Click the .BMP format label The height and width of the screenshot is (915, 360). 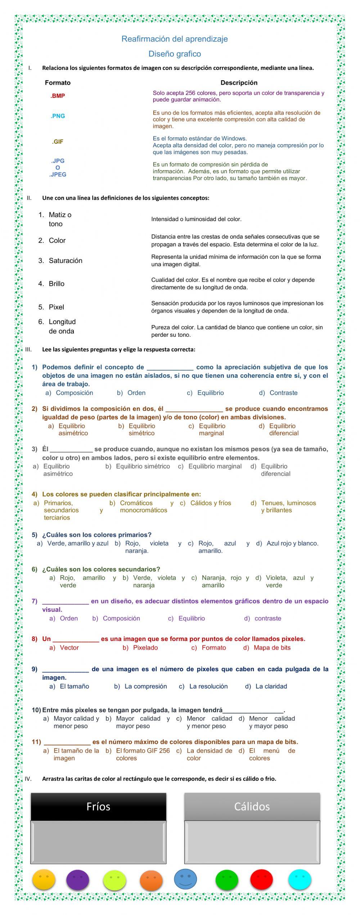click(58, 96)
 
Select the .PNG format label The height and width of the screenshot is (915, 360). click(58, 116)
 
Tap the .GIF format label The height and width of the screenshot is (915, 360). click(58, 142)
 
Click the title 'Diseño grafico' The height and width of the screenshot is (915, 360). click(175, 54)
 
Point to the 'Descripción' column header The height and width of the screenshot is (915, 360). click(239, 83)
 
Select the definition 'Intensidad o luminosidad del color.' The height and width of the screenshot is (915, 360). click(196, 219)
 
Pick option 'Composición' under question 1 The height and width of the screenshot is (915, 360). click(74, 393)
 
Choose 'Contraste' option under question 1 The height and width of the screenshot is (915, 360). click(283, 393)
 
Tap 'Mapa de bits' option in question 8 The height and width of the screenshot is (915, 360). click(272, 648)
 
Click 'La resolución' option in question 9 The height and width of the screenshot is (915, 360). click(208, 686)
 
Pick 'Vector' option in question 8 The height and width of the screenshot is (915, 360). click(69, 648)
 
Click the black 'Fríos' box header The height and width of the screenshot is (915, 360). click(98, 807)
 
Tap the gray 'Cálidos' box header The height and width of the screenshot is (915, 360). click(252, 807)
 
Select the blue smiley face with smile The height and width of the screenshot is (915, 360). click(185, 878)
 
